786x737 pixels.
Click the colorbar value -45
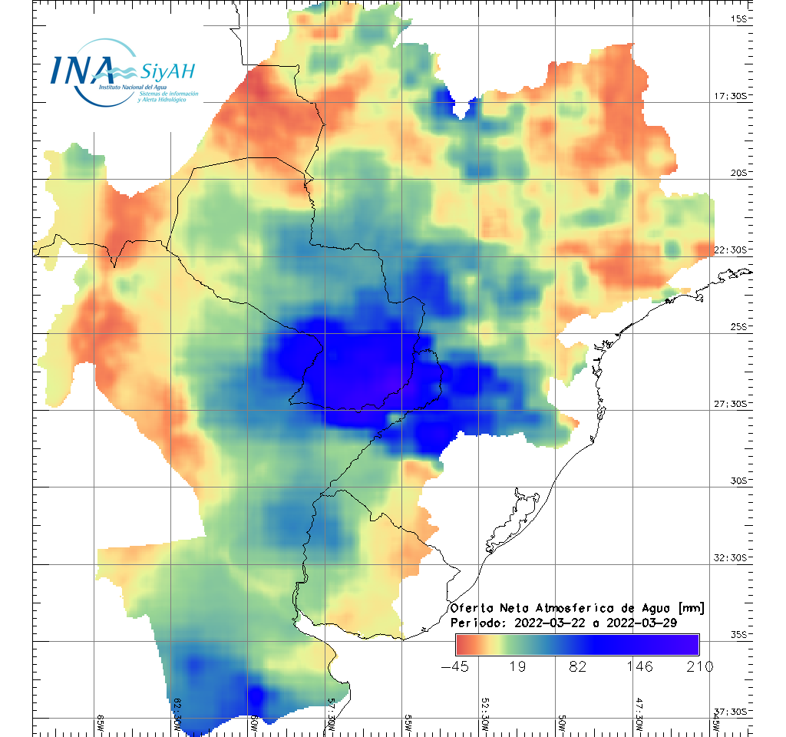click(x=456, y=666)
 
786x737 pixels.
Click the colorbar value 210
click(x=698, y=666)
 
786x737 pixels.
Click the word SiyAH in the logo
click(x=168, y=71)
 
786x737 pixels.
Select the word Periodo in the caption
click(x=476, y=623)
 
